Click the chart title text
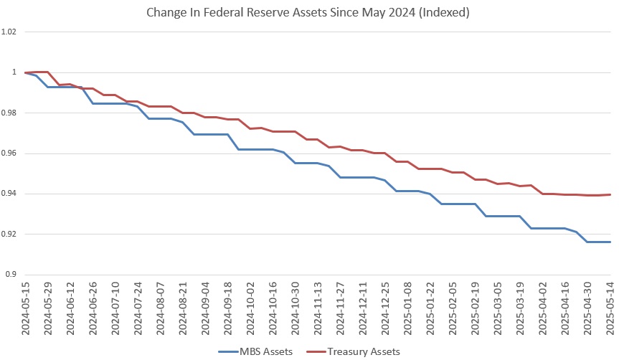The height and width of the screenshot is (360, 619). (309, 11)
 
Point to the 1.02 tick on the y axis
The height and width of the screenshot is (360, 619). (9, 32)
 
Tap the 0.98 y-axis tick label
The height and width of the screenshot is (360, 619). (9, 113)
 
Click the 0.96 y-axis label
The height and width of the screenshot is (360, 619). (9, 153)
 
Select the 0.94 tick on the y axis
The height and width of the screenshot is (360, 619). (9, 194)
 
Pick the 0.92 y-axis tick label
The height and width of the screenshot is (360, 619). (9, 235)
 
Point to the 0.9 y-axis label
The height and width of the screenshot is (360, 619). (11, 275)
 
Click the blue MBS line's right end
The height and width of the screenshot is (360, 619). (610, 242)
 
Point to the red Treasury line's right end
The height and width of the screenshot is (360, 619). (610, 194)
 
